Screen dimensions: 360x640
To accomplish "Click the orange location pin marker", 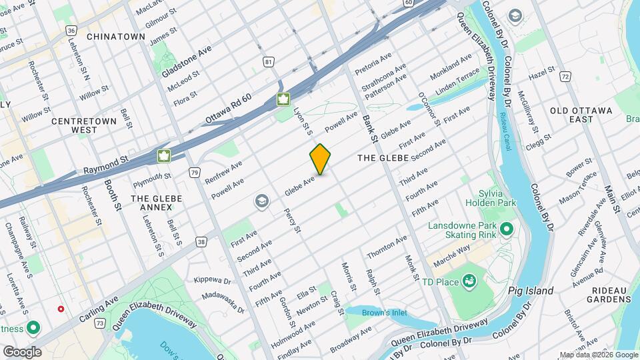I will (x=321, y=159).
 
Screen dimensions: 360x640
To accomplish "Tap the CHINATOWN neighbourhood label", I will (x=115, y=36).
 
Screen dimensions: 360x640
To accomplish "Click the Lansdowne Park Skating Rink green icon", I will (x=506, y=230).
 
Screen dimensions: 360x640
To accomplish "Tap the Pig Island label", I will (x=530, y=291).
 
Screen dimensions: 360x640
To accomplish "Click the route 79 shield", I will (x=194, y=173).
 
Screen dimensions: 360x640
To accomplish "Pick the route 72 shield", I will (x=565, y=77).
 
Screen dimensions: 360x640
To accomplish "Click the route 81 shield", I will (x=269, y=62).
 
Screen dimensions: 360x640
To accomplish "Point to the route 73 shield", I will (x=99, y=323).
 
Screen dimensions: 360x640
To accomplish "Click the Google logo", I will (x=22, y=351).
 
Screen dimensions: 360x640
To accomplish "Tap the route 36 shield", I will (x=71, y=31).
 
